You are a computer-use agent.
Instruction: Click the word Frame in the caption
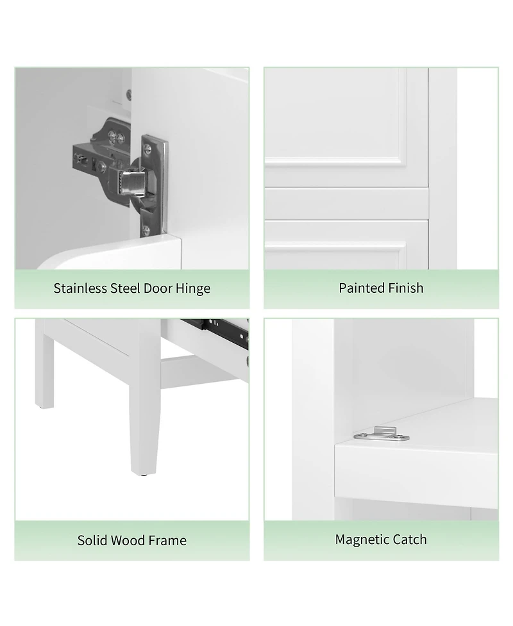(x=168, y=540)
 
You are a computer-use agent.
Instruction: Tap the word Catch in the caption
(x=410, y=540)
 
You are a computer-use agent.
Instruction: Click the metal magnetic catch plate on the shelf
(x=383, y=436)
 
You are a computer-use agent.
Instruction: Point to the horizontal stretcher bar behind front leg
(x=192, y=372)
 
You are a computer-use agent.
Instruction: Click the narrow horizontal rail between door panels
(x=346, y=203)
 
